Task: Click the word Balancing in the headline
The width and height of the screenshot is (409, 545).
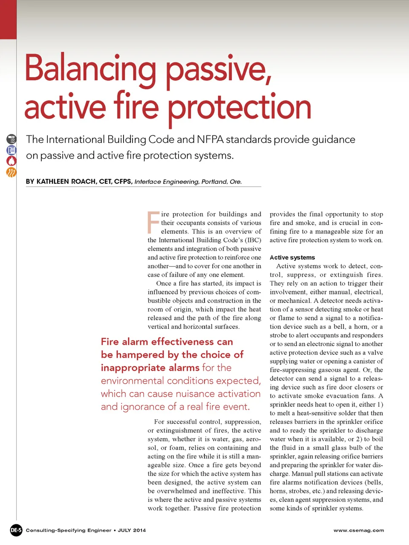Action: [x=90, y=69]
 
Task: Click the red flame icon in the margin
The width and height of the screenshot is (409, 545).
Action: [x=12, y=161]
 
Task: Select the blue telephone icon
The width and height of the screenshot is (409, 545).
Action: [x=12, y=150]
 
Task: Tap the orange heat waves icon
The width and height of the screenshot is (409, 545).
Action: [x=12, y=172]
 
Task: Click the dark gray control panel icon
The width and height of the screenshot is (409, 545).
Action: [x=12, y=139]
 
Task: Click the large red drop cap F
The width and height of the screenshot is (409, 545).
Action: [x=153, y=222]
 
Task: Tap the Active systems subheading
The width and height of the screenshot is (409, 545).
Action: [x=292, y=257]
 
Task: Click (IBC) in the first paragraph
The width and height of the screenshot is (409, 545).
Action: [x=253, y=240]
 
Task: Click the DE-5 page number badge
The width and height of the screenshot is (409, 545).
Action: [x=16, y=530]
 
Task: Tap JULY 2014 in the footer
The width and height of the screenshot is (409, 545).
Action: [x=132, y=531]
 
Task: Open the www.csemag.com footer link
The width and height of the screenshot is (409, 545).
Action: [x=359, y=531]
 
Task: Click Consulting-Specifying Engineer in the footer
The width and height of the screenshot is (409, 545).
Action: [x=69, y=531]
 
